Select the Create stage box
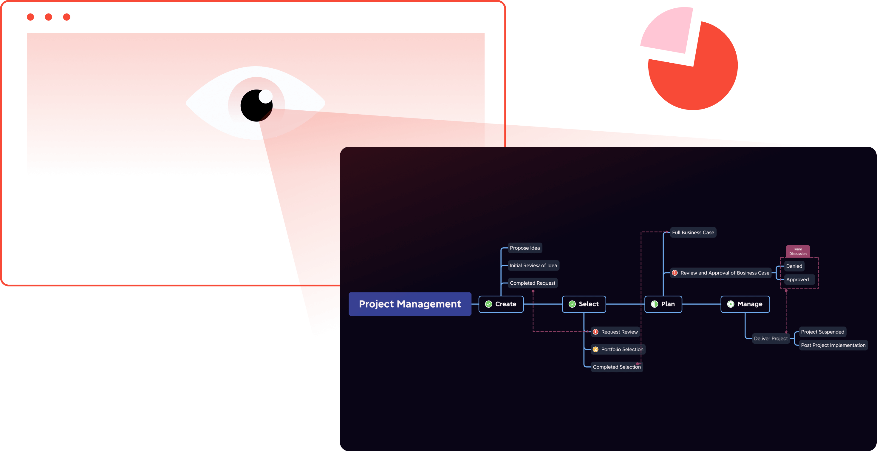(x=501, y=304)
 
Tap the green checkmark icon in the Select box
(x=572, y=304)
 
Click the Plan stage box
(x=663, y=304)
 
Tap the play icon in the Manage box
(x=731, y=304)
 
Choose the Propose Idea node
(x=525, y=248)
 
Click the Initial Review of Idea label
(x=533, y=265)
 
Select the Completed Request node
(x=533, y=283)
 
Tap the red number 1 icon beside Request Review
(x=596, y=332)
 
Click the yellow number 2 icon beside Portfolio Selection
(x=596, y=349)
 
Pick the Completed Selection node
(x=617, y=367)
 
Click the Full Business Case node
(x=693, y=232)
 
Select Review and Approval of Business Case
(x=725, y=273)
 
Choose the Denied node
(x=794, y=266)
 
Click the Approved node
(x=797, y=279)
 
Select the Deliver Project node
(x=771, y=338)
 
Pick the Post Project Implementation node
(x=833, y=345)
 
